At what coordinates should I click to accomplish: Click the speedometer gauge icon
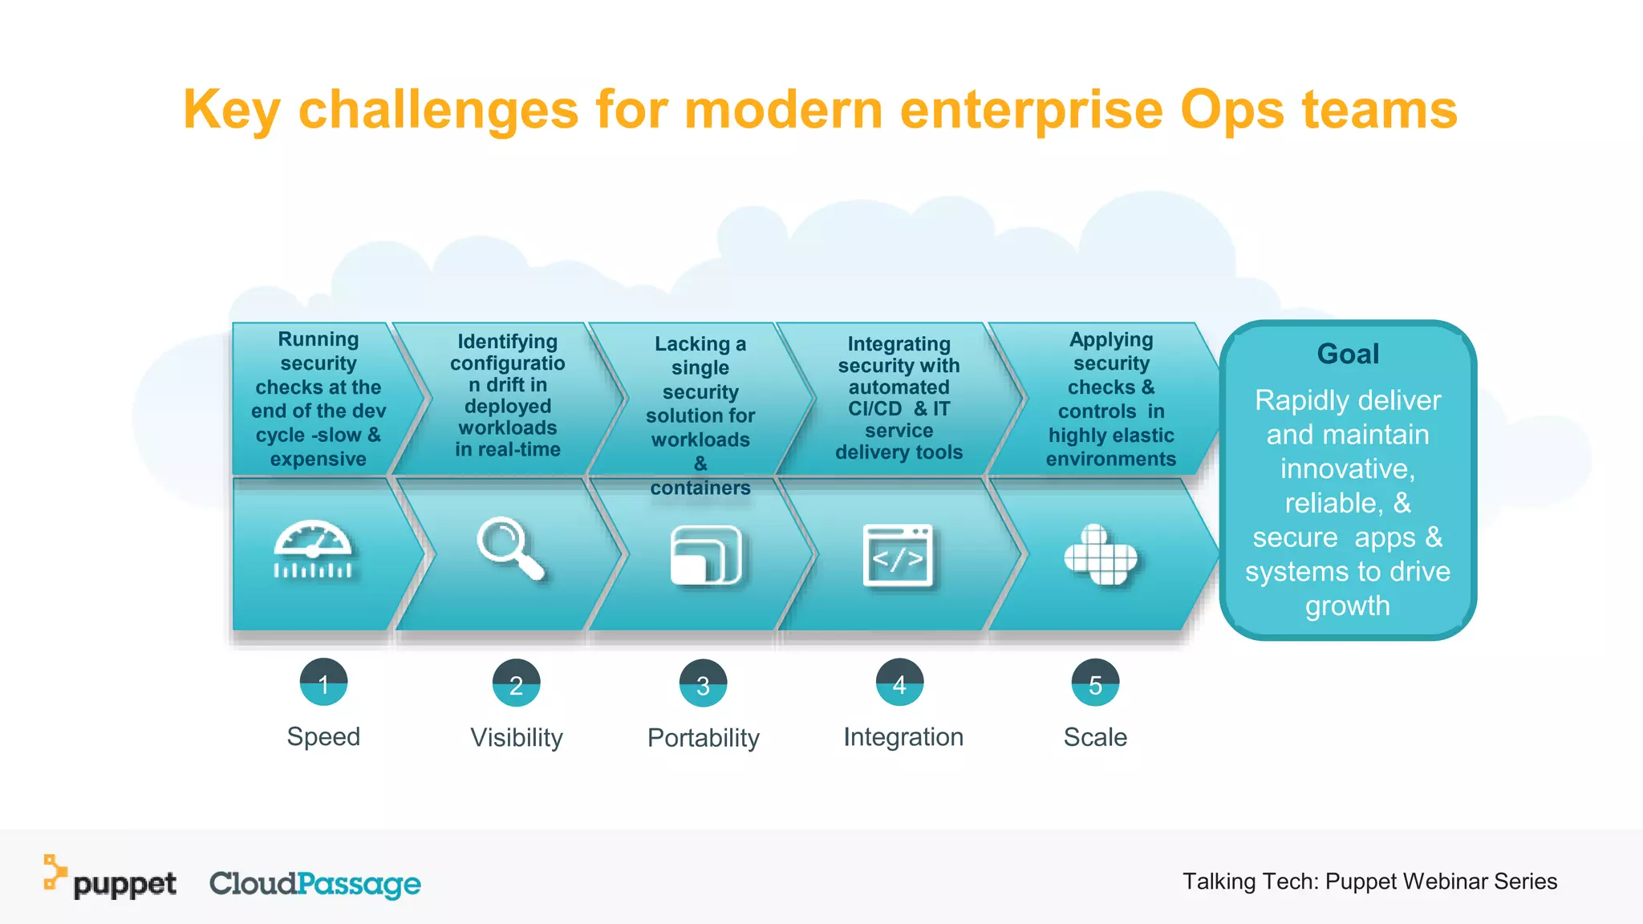[313, 550]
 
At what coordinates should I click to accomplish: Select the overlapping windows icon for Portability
[705, 555]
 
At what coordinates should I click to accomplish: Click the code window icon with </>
[898, 556]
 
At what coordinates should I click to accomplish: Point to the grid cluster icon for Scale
[1100, 555]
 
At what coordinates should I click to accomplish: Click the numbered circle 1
[323, 683]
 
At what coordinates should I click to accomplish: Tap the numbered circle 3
[703, 684]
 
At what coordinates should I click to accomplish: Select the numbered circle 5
[1095, 683]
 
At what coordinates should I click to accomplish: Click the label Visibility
[517, 737]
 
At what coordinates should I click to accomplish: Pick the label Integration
[903, 736]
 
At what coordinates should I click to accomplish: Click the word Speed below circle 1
[323, 736]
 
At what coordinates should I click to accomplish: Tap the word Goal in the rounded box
[1348, 354]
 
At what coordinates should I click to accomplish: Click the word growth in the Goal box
[1348, 606]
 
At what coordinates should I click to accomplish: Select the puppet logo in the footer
[111, 880]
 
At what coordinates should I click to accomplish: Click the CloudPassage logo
[314, 883]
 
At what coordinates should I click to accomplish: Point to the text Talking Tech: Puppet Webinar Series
[1369, 881]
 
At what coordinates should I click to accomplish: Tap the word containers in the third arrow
[700, 488]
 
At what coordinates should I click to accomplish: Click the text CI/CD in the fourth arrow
[874, 408]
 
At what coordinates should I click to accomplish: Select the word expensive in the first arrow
[318, 459]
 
